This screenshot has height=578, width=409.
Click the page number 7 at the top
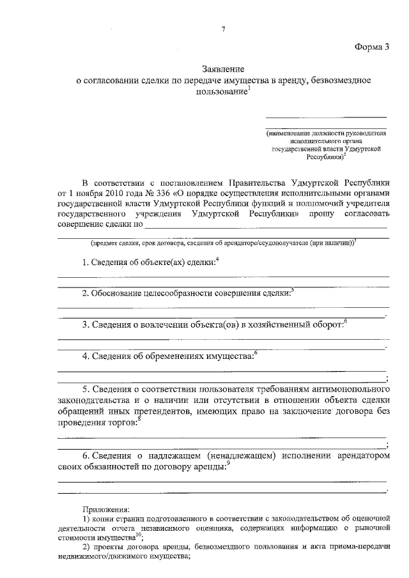coord(224,28)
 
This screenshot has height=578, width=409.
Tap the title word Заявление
coord(223,68)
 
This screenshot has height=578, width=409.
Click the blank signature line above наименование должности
coord(326,117)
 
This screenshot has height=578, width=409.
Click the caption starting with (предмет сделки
coord(223,243)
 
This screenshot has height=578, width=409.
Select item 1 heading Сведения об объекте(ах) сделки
coord(151,263)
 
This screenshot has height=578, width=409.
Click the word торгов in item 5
coord(123,423)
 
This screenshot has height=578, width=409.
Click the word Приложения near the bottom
coord(106,509)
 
